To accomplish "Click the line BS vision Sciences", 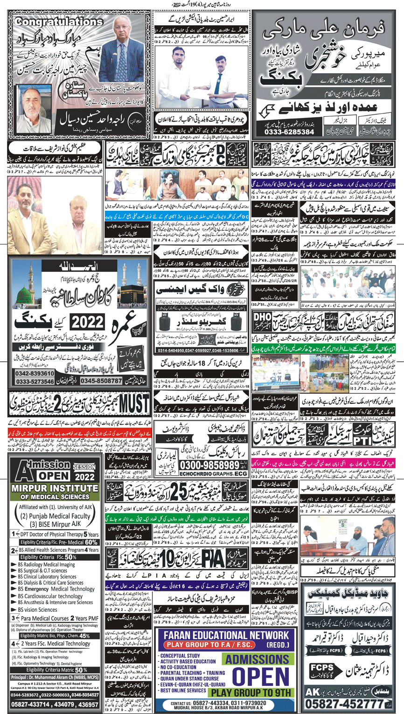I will tap(37, 609).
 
